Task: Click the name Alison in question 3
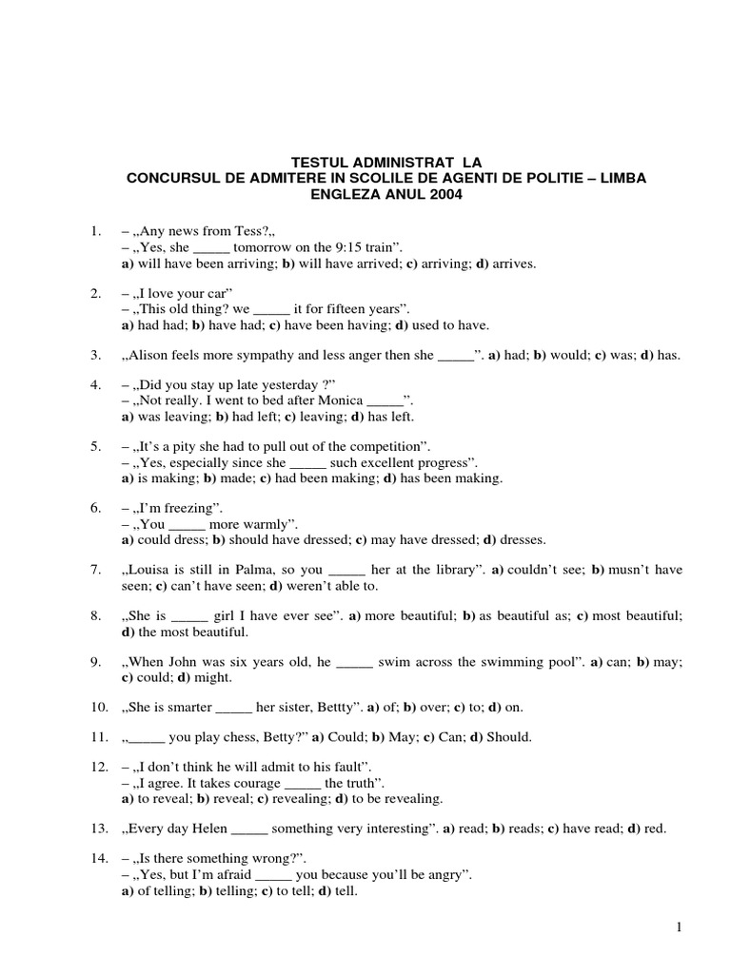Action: click(158, 356)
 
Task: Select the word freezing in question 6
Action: click(191, 509)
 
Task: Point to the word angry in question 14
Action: click(446, 875)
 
